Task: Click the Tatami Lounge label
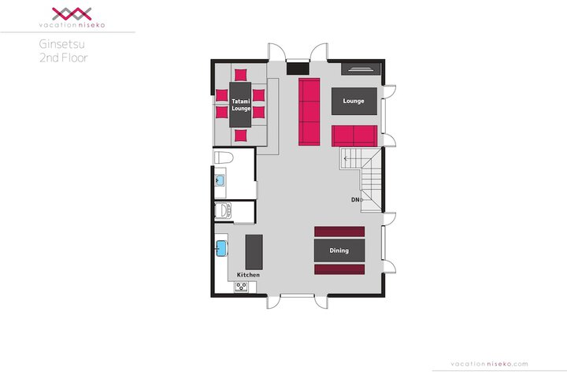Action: coord(241,105)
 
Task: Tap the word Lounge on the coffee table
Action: coord(354,101)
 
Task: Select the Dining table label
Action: coord(339,250)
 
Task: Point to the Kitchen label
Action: coord(248,275)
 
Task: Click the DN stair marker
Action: coord(355,200)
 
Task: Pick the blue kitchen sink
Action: coord(221,249)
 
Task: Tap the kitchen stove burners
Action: coord(241,287)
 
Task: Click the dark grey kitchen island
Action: coord(254,252)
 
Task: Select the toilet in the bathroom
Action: coord(224,157)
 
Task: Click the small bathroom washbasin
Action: coord(220,180)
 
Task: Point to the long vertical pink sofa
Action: coord(309,112)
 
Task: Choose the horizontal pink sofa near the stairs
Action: coord(354,136)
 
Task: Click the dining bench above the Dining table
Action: coord(339,232)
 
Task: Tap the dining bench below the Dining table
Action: coord(339,269)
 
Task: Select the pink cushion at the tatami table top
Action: coord(240,75)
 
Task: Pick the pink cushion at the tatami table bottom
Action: coord(240,135)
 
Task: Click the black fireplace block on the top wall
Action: coord(298,69)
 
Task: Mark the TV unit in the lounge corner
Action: coord(361,69)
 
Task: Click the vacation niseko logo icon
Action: coord(72,14)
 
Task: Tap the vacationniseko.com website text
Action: coord(489,364)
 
